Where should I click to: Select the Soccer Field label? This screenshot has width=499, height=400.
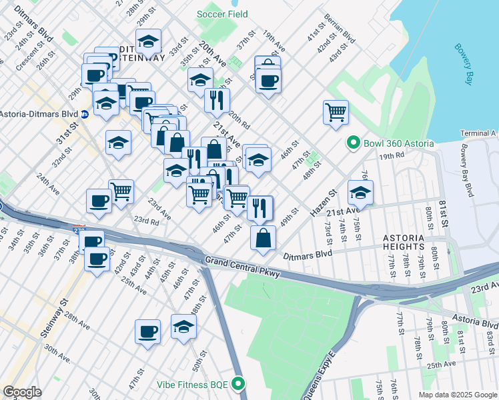tap(222, 14)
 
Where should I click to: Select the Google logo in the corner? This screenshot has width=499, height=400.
tap(23, 392)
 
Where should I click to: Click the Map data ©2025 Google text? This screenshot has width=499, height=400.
tap(456, 395)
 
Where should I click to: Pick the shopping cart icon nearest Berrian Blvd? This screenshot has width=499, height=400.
tap(336, 111)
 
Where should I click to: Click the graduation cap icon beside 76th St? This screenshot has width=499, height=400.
tap(360, 192)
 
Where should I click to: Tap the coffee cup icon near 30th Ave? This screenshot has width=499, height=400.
tap(147, 331)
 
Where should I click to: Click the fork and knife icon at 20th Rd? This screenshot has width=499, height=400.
tap(217, 100)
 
